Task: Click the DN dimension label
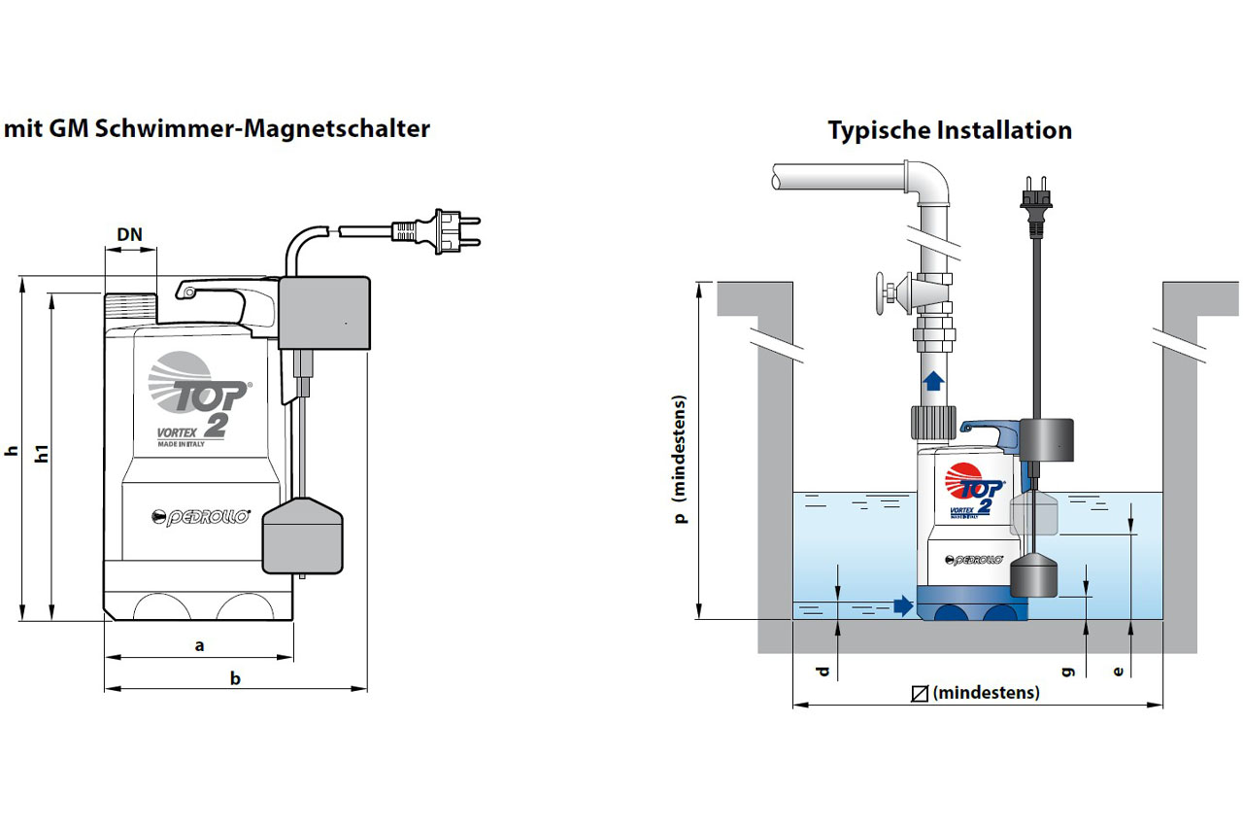[130, 234]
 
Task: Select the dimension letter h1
[42, 457]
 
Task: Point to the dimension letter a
[199, 644]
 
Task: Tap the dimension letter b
[235, 678]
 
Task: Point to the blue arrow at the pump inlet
[903, 606]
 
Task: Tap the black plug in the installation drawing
[1031, 198]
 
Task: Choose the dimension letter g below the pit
[1068, 671]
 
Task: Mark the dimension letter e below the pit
[1119, 671]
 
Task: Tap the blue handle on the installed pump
[987, 429]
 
